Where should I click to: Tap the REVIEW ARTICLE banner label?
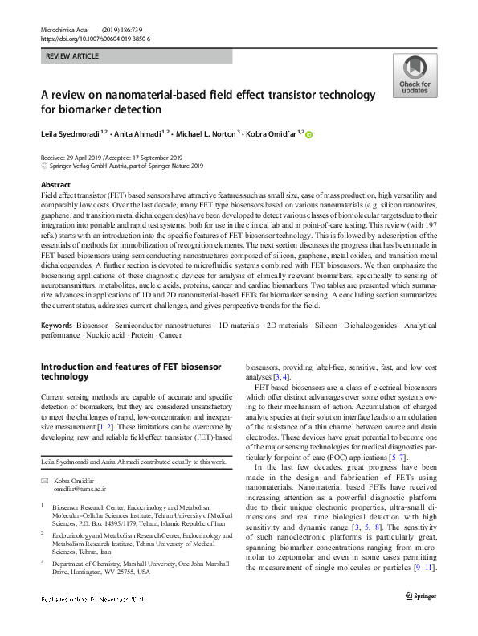click(x=73, y=56)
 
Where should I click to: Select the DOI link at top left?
click(x=94, y=39)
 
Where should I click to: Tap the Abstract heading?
click(x=55, y=185)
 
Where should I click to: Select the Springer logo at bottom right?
click(x=421, y=621)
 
